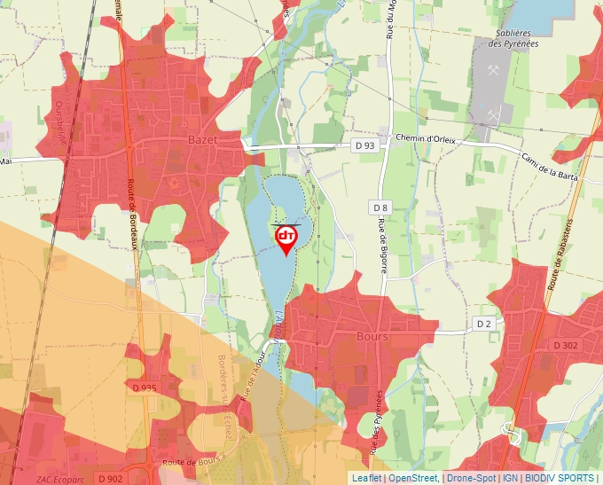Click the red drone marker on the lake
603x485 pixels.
pos(286,239)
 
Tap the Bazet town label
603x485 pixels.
pos(202,140)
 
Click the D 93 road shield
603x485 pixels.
pos(364,145)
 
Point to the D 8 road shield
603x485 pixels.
pos(380,207)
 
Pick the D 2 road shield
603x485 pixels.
pos(483,324)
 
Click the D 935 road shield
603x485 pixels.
pos(145,387)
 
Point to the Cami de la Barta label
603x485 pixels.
pos(544,155)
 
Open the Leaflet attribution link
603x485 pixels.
pos(366,478)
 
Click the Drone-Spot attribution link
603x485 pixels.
pos(471,478)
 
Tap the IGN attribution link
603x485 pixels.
pos(510,478)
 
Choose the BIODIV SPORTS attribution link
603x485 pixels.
pos(560,478)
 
